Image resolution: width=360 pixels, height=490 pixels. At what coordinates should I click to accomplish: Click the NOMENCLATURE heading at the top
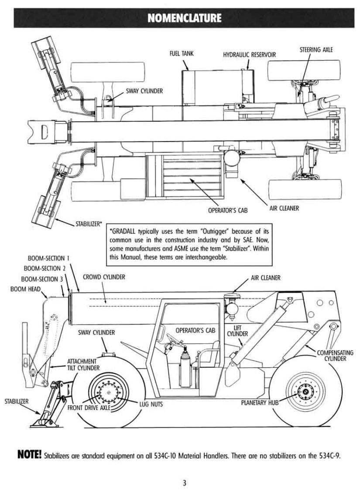pyautogui.click(x=184, y=17)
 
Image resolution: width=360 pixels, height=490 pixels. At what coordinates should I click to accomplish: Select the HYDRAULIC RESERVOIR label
pyautogui.click(x=250, y=55)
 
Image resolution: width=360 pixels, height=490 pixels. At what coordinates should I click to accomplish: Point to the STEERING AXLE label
pyautogui.click(x=316, y=50)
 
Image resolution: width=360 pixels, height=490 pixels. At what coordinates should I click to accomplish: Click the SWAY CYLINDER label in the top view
pyautogui.click(x=144, y=91)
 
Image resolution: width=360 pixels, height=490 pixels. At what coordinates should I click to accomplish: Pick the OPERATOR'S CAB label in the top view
pyautogui.click(x=228, y=210)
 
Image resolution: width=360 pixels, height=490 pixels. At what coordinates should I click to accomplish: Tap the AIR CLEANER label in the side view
pyautogui.click(x=266, y=277)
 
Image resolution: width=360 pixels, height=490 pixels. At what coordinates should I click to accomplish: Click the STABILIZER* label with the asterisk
pyautogui.click(x=89, y=224)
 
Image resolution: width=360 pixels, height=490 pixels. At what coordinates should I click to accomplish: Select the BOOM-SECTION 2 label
pyautogui.click(x=45, y=268)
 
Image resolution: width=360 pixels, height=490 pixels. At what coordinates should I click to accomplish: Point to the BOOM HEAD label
pyautogui.click(x=25, y=289)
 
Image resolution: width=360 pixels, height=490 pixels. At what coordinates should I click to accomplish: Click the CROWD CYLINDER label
pyautogui.click(x=104, y=277)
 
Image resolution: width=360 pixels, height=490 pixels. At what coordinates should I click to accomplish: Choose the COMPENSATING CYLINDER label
pyautogui.click(x=335, y=355)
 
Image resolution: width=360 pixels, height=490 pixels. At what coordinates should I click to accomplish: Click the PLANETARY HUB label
pyautogui.click(x=260, y=403)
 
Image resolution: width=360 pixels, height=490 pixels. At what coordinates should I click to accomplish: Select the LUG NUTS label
pyautogui.click(x=151, y=404)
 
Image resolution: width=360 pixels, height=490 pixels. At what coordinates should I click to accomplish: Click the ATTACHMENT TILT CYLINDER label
pyautogui.click(x=83, y=365)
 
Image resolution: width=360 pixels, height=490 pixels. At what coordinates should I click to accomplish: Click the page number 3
pyautogui.click(x=184, y=483)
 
